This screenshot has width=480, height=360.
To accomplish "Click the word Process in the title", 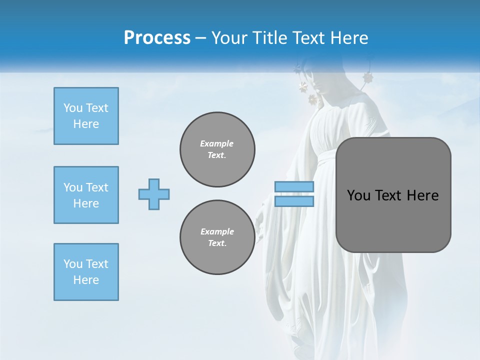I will point(157,38).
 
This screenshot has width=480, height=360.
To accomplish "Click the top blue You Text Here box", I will point(86,116).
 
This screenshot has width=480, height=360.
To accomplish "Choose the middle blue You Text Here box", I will point(86,195).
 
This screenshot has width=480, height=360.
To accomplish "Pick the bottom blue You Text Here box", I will point(86,272).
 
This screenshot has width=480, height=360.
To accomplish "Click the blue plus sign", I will point(154,194).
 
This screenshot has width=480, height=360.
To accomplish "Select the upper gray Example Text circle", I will point(217,149).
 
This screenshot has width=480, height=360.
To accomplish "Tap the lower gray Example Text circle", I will point(217,237).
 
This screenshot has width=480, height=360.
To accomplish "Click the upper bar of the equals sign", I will point(294,187).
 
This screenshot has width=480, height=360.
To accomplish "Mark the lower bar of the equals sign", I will point(294,201).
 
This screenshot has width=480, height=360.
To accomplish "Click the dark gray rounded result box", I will point(393,195).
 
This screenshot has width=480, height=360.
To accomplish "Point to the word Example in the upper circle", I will point(217,143).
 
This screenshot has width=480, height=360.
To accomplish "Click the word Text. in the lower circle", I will point(217,243).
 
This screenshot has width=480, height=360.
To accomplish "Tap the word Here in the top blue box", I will point(86,124).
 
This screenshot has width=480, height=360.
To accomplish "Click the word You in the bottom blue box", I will point(73,264).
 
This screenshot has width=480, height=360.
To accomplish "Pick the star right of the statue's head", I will point(368,77).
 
